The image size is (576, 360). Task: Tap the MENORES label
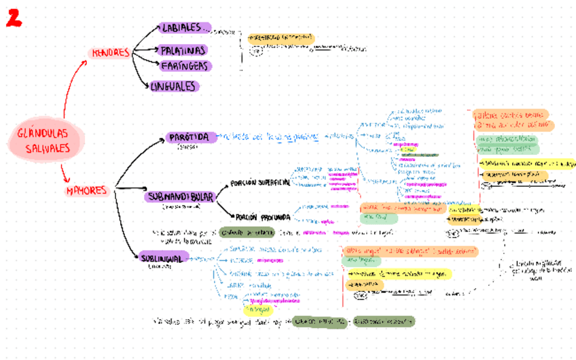click(x=109, y=53)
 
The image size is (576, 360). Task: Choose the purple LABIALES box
click(x=184, y=28)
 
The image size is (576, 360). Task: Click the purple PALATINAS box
click(x=183, y=50)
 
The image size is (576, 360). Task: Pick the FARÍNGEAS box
click(x=185, y=66)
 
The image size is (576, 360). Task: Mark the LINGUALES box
click(x=174, y=86)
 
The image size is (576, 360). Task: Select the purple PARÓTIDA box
click(x=192, y=138)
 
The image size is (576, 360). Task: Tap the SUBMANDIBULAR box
click(x=180, y=196)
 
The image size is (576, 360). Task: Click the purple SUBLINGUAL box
click(x=162, y=257)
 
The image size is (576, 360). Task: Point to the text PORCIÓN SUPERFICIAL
click(x=260, y=183)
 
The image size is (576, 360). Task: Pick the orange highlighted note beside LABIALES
click(x=281, y=38)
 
